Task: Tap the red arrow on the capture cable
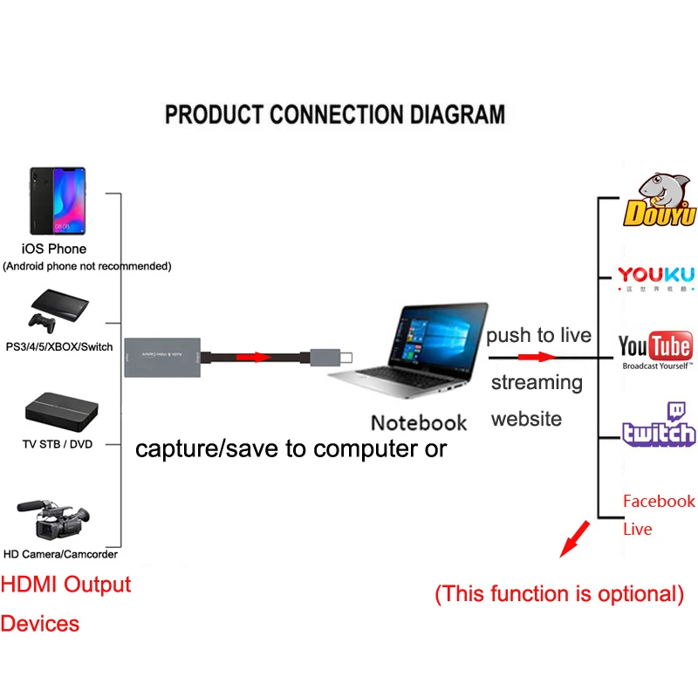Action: (x=249, y=357)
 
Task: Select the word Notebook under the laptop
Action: (x=419, y=423)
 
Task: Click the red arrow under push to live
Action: (x=537, y=356)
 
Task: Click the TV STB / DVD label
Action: (x=57, y=444)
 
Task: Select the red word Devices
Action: (x=39, y=624)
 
